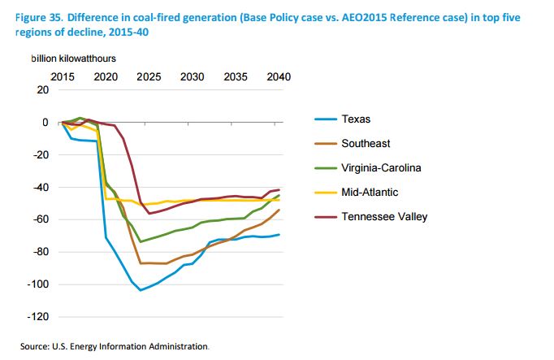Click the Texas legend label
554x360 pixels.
[x=357, y=119]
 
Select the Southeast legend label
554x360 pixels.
[x=367, y=144]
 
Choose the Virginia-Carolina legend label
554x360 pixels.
[x=381, y=168]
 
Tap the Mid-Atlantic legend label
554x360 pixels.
[x=371, y=193]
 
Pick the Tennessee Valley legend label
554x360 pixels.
[x=384, y=217]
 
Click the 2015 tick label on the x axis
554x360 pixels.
[x=63, y=76]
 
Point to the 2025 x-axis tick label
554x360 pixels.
[x=149, y=76]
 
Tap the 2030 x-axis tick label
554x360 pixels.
[x=192, y=76]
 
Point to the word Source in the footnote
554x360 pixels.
[x=36, y=346]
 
